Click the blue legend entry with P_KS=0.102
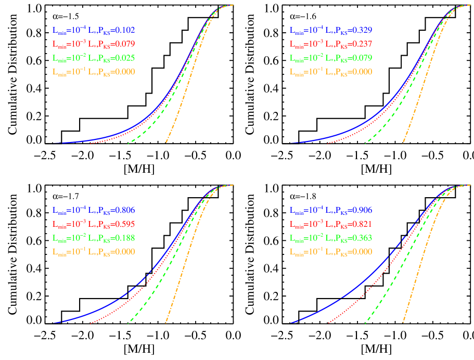click(94, 30)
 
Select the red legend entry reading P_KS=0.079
click(94, 44)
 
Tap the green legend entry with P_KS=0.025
click(94, 58)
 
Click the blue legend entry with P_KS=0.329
click(331, 30)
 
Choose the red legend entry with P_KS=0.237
click(331, 44)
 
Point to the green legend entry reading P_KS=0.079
click(331, 58)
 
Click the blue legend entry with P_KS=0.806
click(94, 211)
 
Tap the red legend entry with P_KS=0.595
click(94, 224)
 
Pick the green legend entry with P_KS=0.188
click(94, 238)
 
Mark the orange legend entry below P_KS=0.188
click(94, 252)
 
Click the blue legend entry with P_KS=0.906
click(331, 211)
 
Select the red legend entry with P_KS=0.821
click(331, 224)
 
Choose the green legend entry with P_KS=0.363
click(331, 238)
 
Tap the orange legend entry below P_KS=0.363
click(331, 252)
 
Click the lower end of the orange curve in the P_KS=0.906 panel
click(403, 322)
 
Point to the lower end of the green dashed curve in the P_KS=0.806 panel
click(129, 323)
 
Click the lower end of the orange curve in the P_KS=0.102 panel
click(166, 142)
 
